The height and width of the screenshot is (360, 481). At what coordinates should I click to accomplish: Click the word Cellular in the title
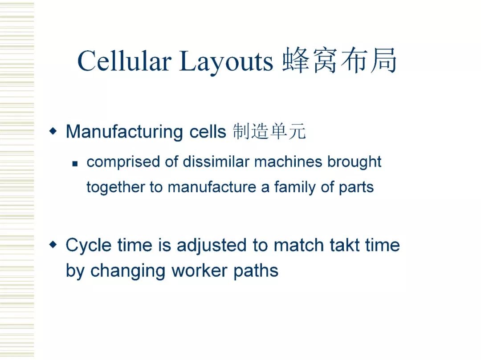[124, 61]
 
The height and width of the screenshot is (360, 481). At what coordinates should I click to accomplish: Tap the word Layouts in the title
[226, 62]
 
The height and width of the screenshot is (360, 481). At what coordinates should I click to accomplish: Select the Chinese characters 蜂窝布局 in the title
[339, 61]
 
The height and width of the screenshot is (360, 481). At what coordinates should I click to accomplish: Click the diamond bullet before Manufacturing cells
[53, 131]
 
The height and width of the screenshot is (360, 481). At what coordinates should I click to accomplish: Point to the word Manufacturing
[124, 132]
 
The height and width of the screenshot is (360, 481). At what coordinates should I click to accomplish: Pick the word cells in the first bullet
[208, 132]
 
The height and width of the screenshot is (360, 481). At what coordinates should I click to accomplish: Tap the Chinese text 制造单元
[269, 132]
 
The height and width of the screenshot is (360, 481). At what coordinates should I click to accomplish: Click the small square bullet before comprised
[75, 164]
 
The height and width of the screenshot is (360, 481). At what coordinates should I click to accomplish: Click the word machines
[288, 162]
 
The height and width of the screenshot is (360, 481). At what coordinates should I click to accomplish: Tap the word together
[116, 187]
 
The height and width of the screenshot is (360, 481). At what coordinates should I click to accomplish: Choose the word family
[295, 187]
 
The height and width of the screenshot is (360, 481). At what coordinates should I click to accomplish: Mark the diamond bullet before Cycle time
[53, 244]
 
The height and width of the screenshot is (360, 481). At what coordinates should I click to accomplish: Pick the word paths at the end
[256, 271]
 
